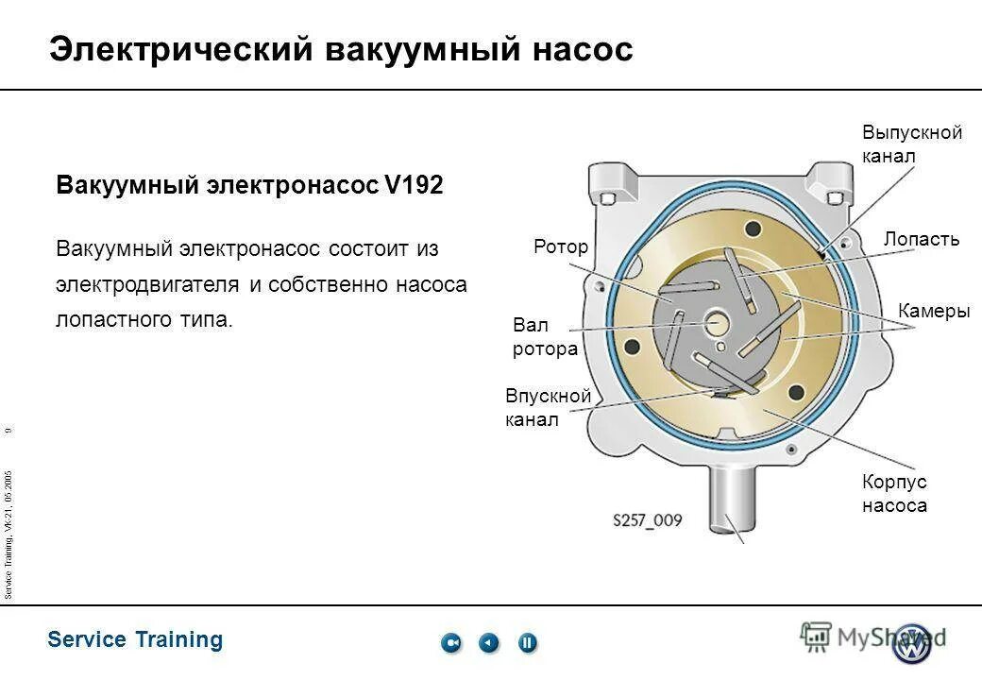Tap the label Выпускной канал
pyautogui.click(x=911, y=144)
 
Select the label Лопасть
pyautogui.click(x=921, y=239)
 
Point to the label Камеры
pyautogui.click(x=934, y=312)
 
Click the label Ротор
pyautogui.click(x=560, y=247)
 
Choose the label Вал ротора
pyautogui.click(x=545, y=337)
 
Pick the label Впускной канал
pyautogui.click(x=548, y=407)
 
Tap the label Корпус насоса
pyautogui.click(x=893, y=493)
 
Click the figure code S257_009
pyautogui.click(x=647, y=520)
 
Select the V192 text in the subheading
pyautogui.click(x=413, y=185)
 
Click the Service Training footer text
pyautogui.click(x=135, y=639)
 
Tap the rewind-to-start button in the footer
pyautogui.click(x=451, y=643)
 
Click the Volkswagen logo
pyautogui.click(x=913, y=642)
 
